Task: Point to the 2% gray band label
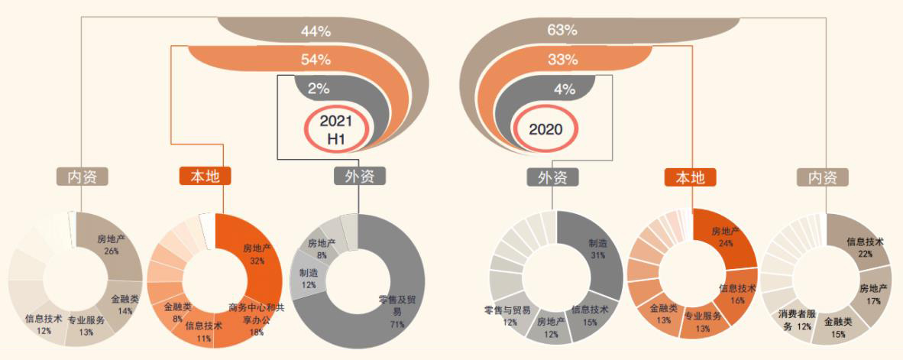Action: point(318,89)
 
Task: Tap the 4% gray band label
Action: point(564,89)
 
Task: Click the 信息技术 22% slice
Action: point(866,246)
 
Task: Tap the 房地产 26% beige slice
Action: point(113,245)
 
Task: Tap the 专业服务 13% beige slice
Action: point(86,325)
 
